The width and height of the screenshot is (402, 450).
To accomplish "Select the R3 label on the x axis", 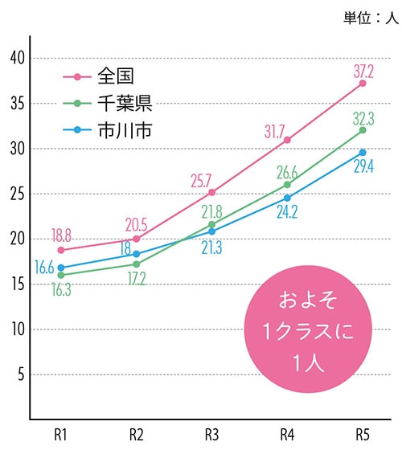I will pos(211,435).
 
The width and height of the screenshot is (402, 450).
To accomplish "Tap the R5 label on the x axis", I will pos(363,435).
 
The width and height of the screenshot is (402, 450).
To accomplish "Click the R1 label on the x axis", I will pos(61,435).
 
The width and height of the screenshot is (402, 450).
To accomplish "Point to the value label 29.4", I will pos(364,166).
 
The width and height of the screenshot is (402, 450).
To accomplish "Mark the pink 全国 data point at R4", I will pos(287,140).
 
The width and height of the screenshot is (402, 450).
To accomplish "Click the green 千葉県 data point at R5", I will pos(363,130).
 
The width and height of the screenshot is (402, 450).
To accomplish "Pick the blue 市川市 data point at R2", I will pos(137,254).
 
